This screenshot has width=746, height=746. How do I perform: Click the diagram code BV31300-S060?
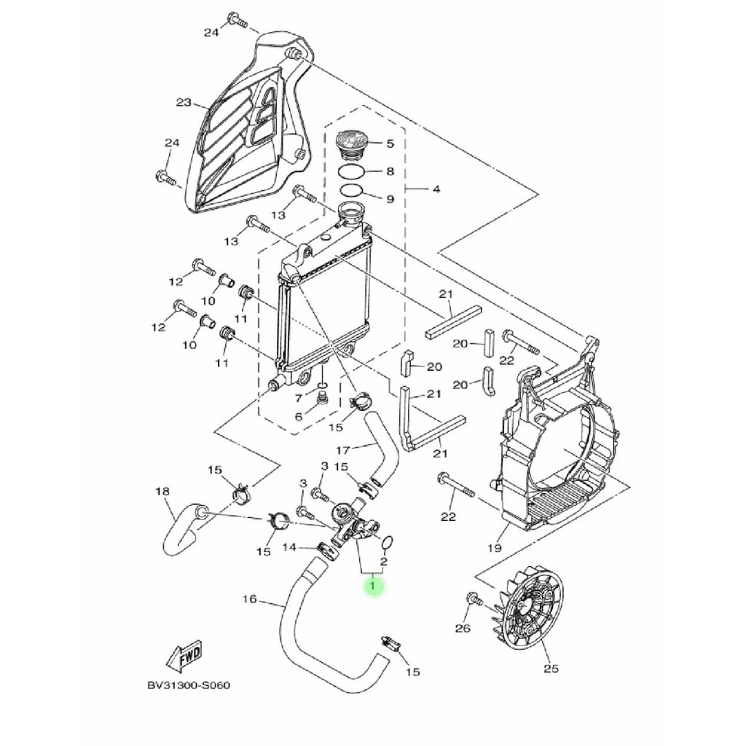(189, 686)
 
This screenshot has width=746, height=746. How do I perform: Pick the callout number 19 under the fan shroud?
(495, 548)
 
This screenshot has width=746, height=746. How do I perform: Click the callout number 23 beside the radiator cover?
(184, 102)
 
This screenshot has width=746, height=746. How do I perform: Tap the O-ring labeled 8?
(351, 171)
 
